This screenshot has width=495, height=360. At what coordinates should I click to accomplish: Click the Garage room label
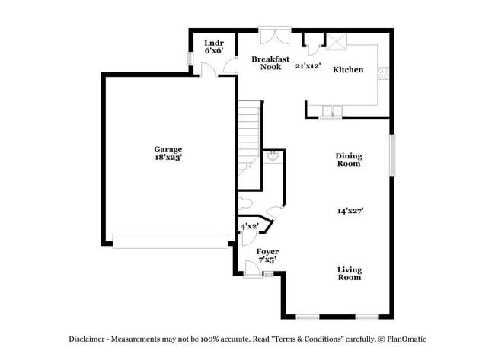tap(168, 149)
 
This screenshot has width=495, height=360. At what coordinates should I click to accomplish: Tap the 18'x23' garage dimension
tap(168, 158)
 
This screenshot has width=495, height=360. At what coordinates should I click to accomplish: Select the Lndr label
tap(213, 43)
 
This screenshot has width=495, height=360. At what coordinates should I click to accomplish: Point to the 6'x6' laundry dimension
tap(213, 51)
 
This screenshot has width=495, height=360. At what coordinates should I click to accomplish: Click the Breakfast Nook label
tap(270, 62)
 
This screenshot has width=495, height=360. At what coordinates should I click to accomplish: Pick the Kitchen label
tap(348, 70)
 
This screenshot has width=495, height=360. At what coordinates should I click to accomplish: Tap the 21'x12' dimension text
tap(308, 66)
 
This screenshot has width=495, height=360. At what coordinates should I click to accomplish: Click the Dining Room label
tap(349, 159)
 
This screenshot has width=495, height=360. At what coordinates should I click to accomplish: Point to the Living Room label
tap(350, 273)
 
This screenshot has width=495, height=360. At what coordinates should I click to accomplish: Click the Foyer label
tap(267, 251)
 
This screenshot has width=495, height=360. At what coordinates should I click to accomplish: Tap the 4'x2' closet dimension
tap(249, 226)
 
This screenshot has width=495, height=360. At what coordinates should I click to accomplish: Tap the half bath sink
tap(272, 158)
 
